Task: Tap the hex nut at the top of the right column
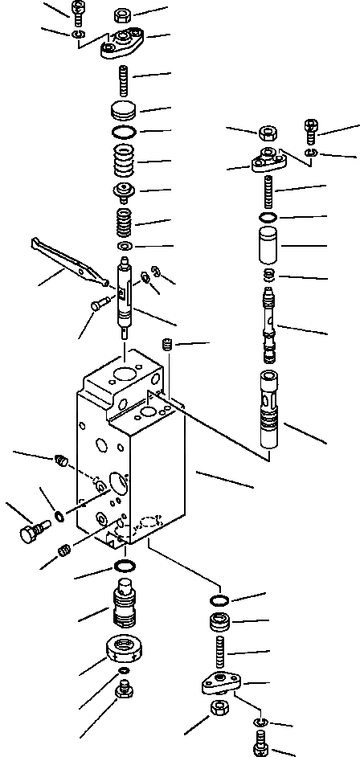coord(268,133)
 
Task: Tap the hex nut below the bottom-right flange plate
coord(219,710)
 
